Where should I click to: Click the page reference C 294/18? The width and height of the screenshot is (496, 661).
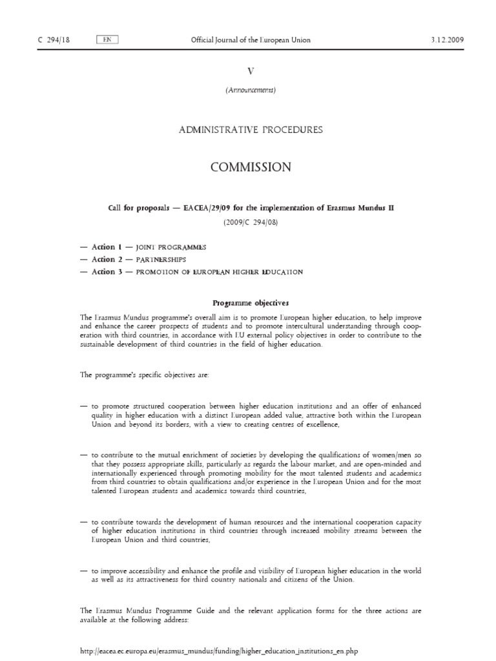click(54, 40)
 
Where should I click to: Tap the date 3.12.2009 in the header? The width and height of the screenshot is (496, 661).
click(447, 40)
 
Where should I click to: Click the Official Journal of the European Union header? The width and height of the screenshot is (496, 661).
click(251, 40)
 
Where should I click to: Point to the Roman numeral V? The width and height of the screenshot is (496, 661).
click(251, 72)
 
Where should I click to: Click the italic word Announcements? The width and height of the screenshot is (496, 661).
click(251, 90)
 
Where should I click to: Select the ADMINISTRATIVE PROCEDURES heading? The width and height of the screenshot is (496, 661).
click(251, 130)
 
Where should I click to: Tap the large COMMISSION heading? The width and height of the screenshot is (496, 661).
click(251, 167)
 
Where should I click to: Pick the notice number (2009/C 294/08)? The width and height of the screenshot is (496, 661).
click(251, 223)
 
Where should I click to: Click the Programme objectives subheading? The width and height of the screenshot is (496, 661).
click(251, 302)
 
